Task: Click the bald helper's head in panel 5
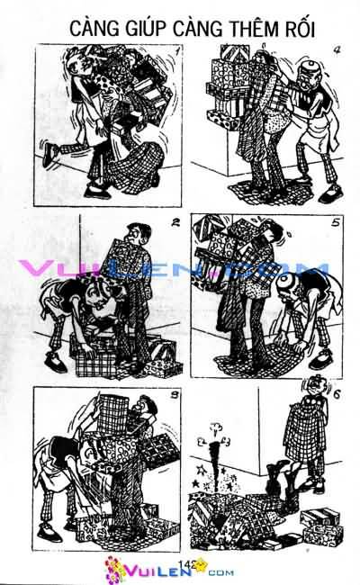285,284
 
